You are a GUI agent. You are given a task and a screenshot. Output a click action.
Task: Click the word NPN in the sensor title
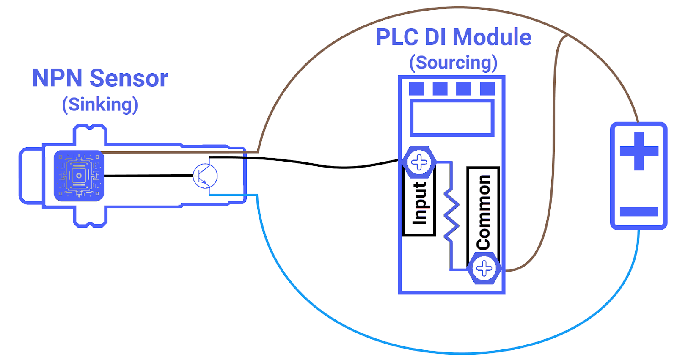coord(57,78)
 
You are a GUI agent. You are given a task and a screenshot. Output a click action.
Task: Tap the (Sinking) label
coord(100,104)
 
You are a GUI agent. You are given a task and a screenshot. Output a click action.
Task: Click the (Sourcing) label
coord(453,63)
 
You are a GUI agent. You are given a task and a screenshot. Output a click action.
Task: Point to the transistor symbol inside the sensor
coord(205,176)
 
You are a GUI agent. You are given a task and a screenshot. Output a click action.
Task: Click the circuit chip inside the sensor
coord(79,176)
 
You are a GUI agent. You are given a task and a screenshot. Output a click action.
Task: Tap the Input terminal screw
coord(419,162)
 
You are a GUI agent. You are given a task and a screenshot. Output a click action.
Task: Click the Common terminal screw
coord(484,268)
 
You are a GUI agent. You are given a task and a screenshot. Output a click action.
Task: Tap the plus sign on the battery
coord(639,151)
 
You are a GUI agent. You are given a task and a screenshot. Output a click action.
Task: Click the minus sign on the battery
coord(639,212)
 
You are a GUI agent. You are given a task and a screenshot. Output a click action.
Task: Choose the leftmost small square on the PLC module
coord(416,89)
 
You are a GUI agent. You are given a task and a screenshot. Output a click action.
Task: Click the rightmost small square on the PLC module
coord(487,89)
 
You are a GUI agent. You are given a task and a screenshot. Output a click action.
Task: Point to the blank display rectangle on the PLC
coord(452,118)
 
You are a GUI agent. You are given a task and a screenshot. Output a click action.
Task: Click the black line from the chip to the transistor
coord(148,176)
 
